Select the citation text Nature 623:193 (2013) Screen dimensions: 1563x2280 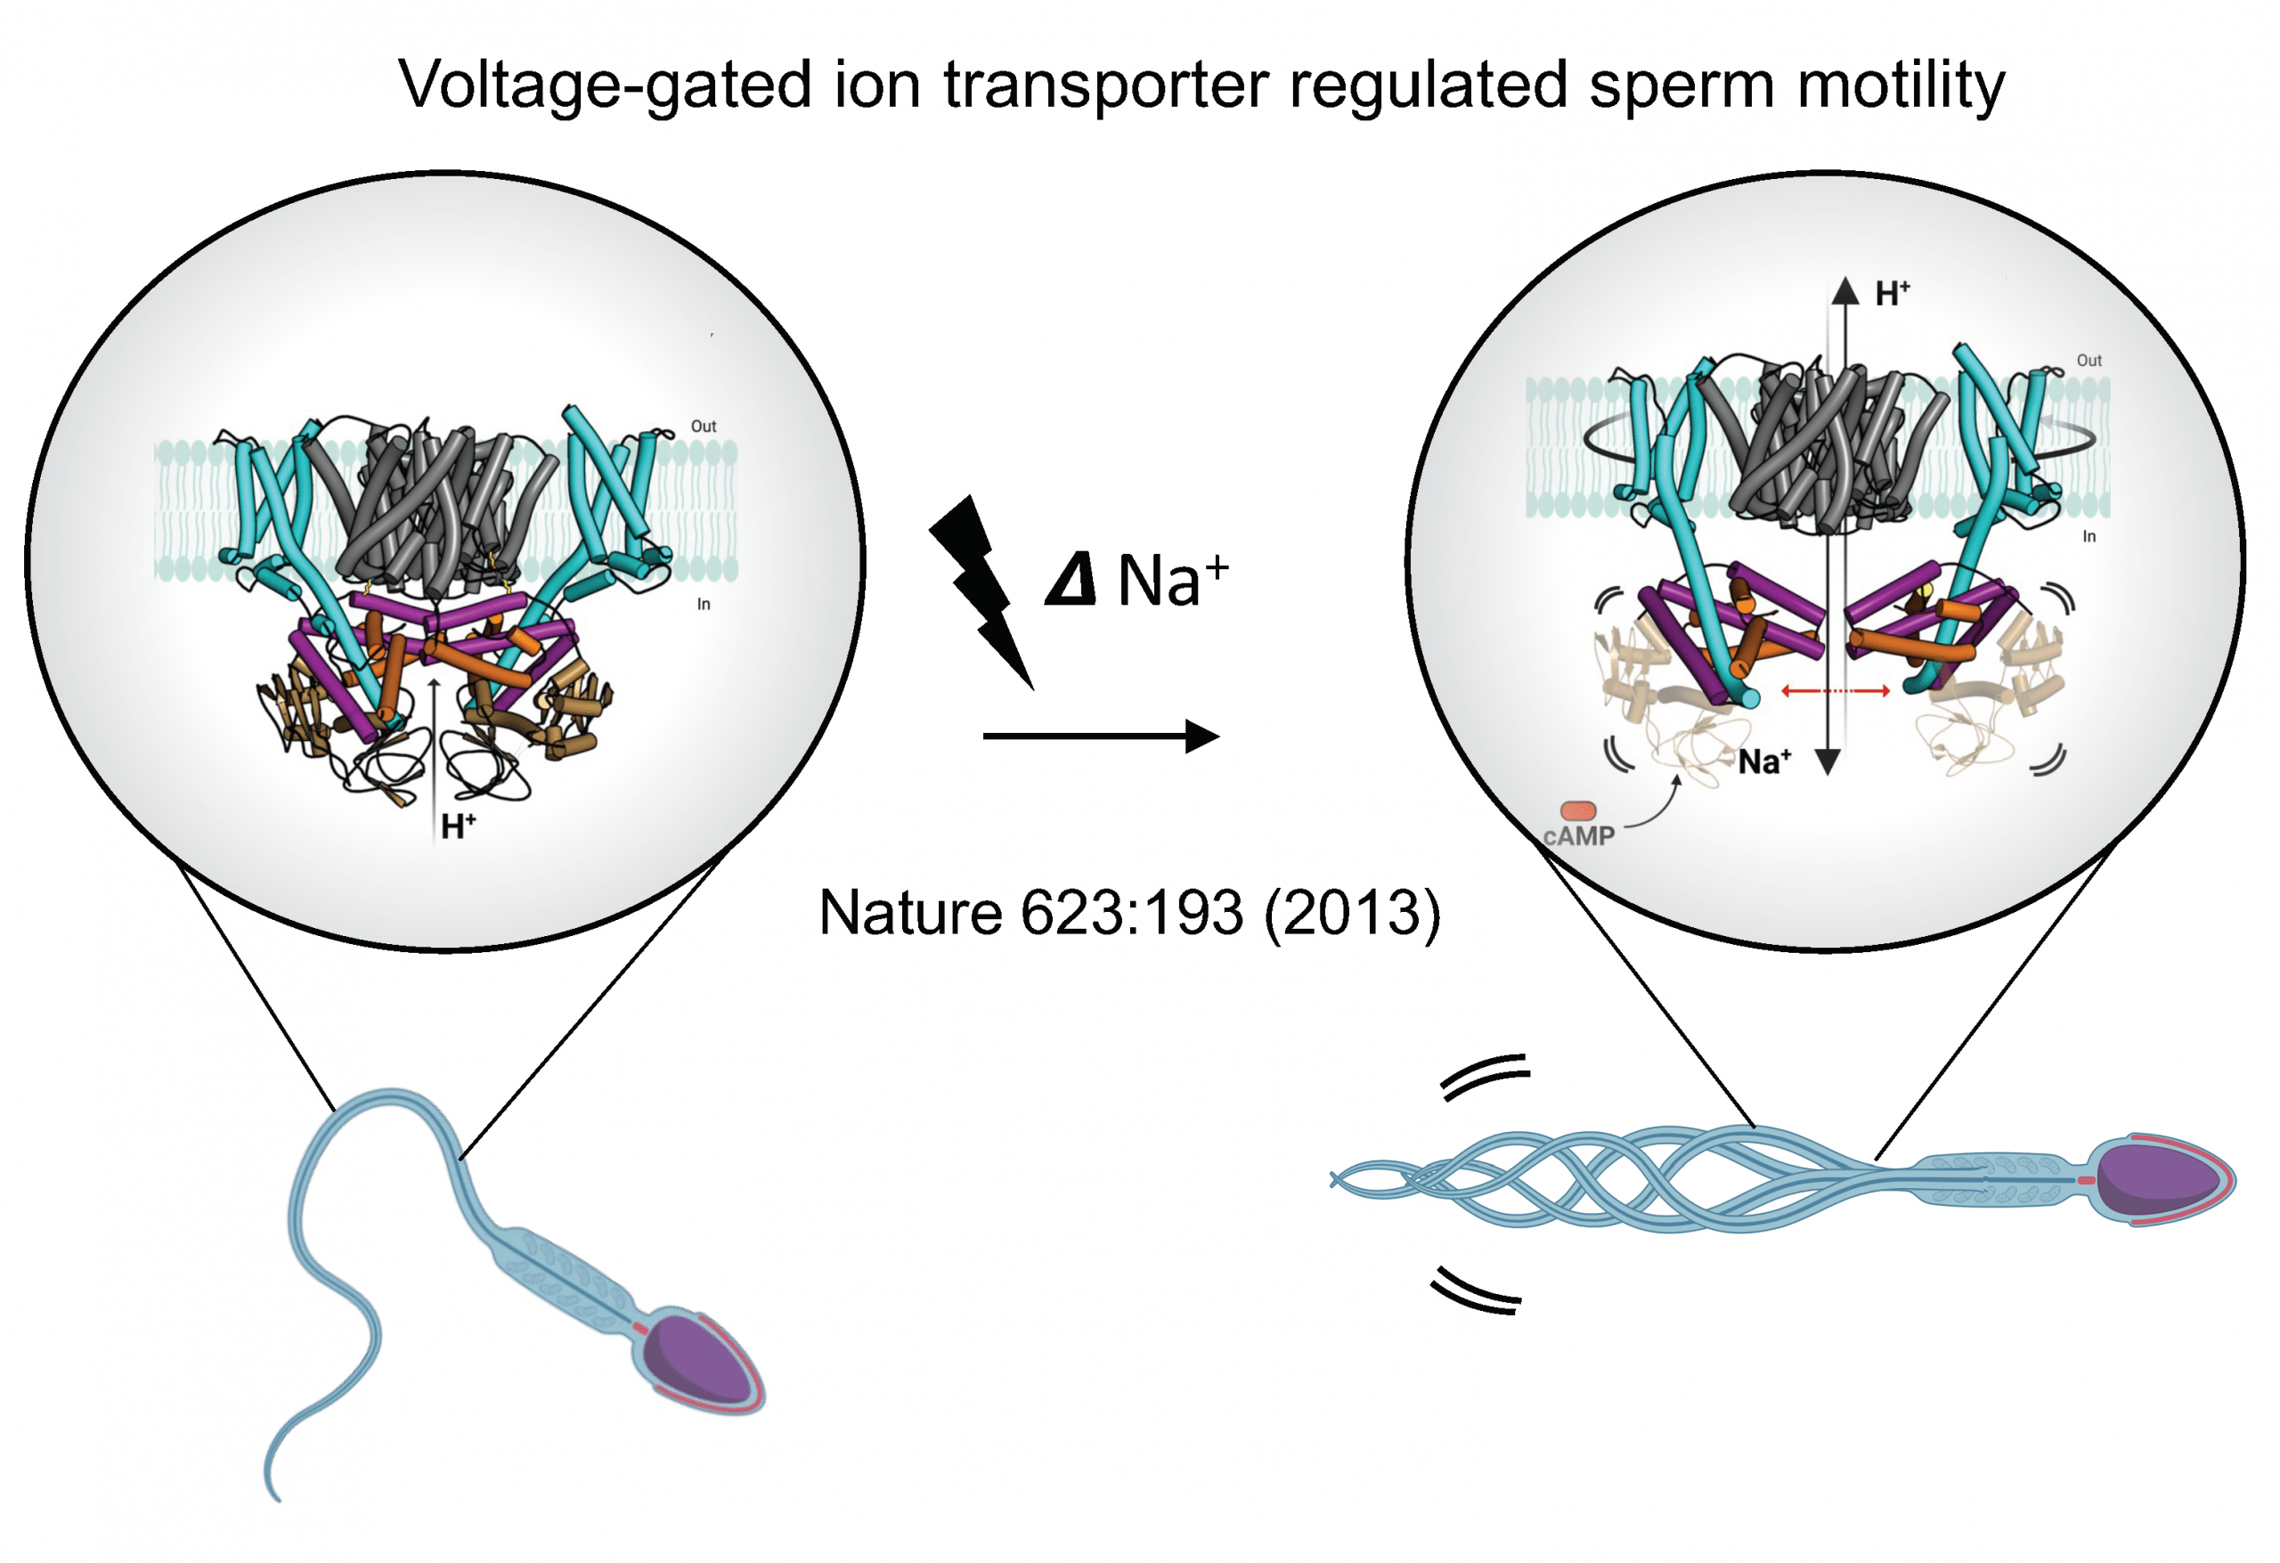pos(1129,913)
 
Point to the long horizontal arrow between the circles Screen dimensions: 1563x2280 pos(1099,736)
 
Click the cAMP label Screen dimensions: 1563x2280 pos(1578,836)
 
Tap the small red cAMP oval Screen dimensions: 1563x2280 pos(1578,810)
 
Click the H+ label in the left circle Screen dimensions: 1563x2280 pos(457,826)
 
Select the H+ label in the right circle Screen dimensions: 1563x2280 pos(1892,293)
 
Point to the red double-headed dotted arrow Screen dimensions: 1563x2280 pos(1835,691)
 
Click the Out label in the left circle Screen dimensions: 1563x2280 pos(704,426)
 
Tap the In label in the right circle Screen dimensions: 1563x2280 pos(2089,537)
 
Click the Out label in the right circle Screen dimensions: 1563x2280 pos(2089,360)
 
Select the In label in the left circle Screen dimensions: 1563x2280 pos(704,605)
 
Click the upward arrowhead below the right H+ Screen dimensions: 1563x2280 pos(1845,290)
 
